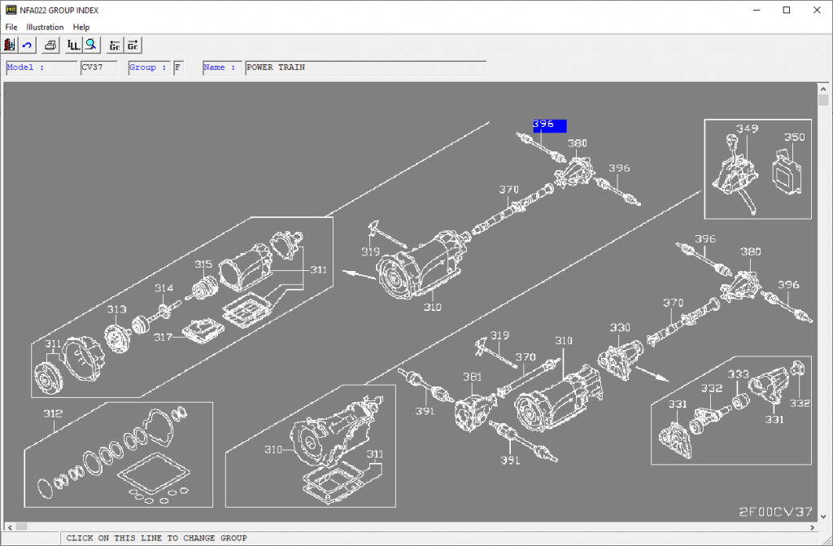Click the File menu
coord(11,27)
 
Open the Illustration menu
coord(45,27)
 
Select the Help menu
coord(81,27)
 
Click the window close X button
coord(813,10)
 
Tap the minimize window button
coord(757,10)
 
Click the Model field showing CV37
coord(98,68)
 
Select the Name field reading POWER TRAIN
coord(365,68)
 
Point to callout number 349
coord(747,129)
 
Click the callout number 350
coord(794,137)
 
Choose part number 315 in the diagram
coord(203,264)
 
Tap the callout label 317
coord(164,335)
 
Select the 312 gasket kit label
coord(53,413)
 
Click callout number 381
coord(472,376)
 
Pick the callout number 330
coord(620,327)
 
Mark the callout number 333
coord(738,374)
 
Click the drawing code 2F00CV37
coord(775,512)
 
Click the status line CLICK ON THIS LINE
coord(156,538)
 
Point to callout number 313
coord(116,309)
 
